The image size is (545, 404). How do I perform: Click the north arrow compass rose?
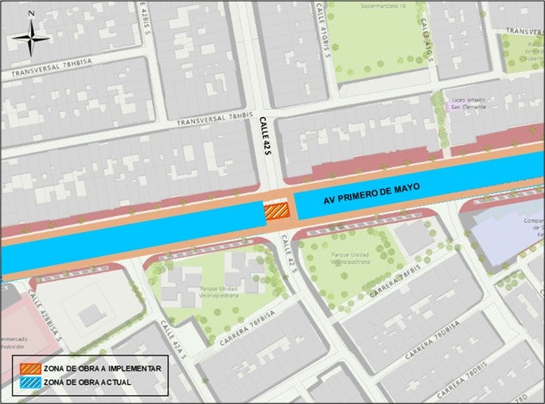[x=31, y=37]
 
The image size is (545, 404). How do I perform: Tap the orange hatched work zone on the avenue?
[x=276, y=211]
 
